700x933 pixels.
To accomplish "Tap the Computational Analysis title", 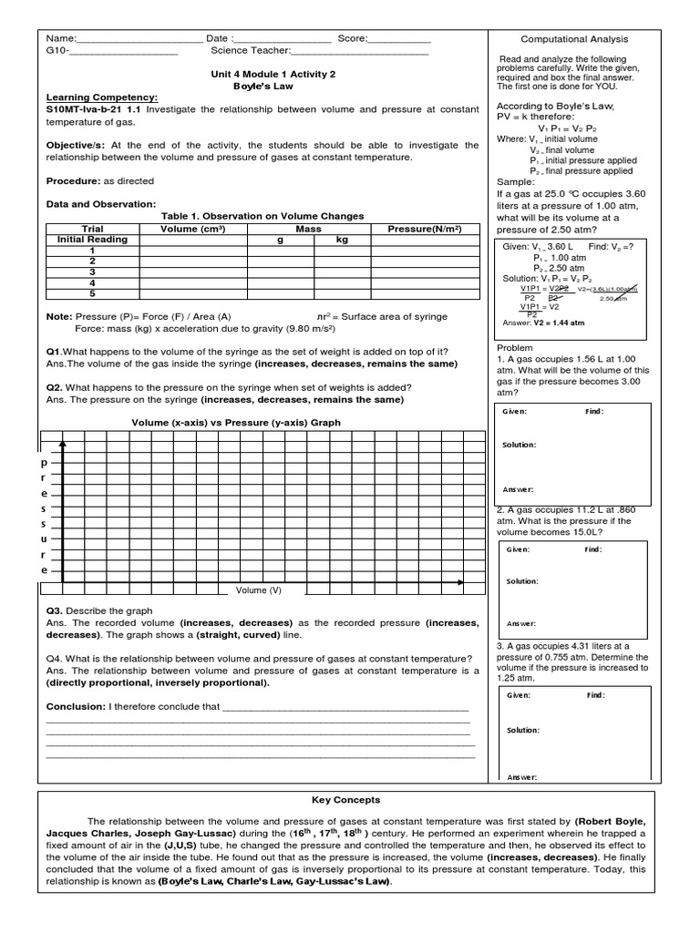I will (574, 39).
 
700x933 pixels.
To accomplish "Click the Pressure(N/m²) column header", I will (424, 229).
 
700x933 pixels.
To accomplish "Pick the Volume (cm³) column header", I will (192, 229).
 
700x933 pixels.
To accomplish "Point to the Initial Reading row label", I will (92, 240).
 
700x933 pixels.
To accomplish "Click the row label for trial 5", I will (92, 294).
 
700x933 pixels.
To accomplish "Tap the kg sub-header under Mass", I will (342, 240).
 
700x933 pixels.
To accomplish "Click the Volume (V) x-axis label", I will (259, 590).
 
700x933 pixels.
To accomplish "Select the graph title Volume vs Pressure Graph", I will (236, 423).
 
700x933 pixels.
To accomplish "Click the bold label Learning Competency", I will (102, 97).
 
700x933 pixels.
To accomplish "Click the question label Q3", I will (54, 610).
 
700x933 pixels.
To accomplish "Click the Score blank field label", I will (352, 39).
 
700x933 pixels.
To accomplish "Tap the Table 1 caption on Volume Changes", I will (262, 216).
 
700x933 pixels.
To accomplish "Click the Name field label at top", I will (61, 39).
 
